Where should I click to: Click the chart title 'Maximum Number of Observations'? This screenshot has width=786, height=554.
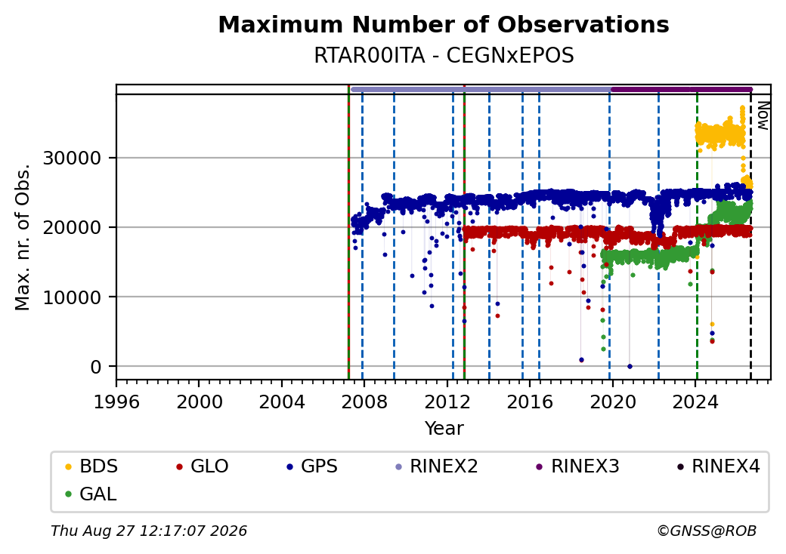tap(444, 24)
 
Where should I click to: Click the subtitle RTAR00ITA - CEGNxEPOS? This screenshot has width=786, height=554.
tap(444, 56)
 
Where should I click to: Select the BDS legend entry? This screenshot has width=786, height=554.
tap(91, 466)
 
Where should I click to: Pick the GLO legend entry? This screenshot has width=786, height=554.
tap(203, 466)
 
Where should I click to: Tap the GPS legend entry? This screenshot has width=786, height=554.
tap(312, 466)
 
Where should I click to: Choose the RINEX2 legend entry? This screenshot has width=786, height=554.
tap(437, 466)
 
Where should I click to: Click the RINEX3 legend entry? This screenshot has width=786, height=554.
tap(578, 466)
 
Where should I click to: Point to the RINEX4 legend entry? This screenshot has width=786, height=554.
tap(719, 466)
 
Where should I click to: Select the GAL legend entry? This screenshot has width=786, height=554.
tap(91, 494)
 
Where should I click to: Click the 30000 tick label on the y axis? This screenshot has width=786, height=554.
tap(73, 159)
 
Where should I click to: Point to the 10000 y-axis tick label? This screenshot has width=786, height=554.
tap(73, 297)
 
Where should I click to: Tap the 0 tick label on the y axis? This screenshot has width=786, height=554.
tap(96, 367)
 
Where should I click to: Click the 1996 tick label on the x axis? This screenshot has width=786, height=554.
tap(117, 402)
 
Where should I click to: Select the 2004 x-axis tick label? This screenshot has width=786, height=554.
tap(282, 402)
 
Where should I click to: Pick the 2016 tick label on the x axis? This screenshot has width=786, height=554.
tap(530, 402)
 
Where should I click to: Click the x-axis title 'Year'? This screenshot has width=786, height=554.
tap(444, 429)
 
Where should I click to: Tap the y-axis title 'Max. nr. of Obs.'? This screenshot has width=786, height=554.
tap(23, 237)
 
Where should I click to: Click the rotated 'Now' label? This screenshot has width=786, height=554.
tap(763, 115)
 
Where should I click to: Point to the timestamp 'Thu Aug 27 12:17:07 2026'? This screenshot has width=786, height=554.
tap(149, 531)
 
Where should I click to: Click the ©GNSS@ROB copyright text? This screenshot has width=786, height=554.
tap(707, 531)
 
